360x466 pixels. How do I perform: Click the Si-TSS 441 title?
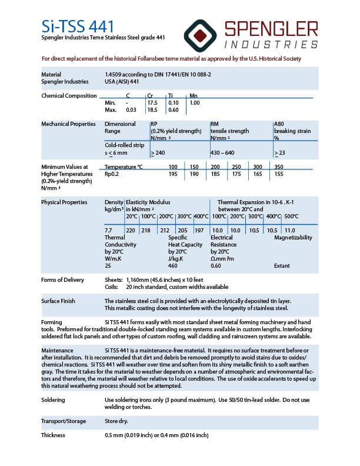78,26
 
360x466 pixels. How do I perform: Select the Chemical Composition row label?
69,96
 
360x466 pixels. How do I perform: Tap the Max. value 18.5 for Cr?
153,110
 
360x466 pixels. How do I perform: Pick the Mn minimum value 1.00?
195,103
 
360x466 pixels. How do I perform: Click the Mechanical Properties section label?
68,124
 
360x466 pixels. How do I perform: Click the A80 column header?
279,124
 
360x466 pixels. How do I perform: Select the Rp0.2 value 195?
173,174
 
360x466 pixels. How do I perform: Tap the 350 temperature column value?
279,167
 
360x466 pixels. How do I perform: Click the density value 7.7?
108,230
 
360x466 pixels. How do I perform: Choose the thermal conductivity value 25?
108,266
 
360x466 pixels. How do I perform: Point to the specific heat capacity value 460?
173,266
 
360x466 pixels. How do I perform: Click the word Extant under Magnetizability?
282,266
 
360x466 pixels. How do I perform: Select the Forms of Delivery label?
62,279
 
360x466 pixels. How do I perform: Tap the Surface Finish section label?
58,301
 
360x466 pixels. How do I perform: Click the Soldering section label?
53,400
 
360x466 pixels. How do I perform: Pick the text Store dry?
118,421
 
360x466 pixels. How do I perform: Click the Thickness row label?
54,435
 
